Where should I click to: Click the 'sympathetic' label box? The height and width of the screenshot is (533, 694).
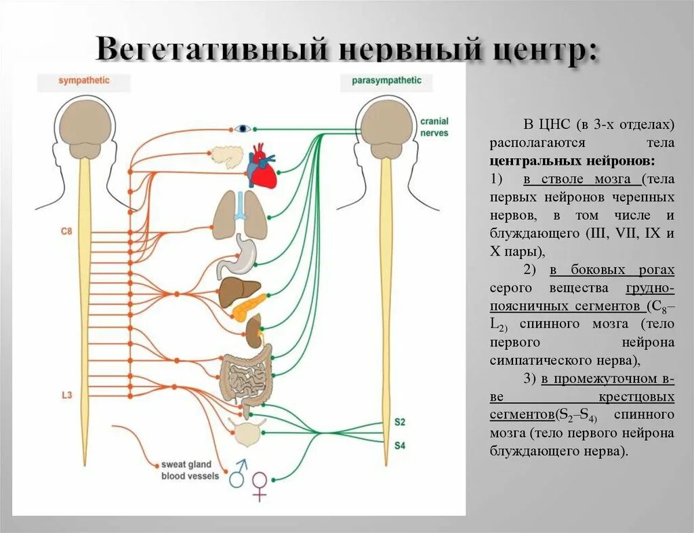[x=83, y=81]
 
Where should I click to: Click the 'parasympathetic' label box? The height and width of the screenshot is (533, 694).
[x=386, y=81]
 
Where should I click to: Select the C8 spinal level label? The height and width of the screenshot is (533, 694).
[x=66, y=231]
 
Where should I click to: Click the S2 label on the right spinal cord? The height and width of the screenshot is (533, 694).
[x=400, y=422]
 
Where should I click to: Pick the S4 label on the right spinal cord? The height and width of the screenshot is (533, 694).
[x=400, y=446]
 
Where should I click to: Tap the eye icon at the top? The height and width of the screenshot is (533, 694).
[x=243, y=129]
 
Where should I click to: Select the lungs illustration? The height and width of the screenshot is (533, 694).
[x=241, y=214]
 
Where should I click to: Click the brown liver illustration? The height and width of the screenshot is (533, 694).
[x=239, y=294]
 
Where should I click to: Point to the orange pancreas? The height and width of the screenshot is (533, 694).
[x=249, y=307]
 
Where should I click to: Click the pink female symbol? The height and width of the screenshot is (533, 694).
[x=259, y=485]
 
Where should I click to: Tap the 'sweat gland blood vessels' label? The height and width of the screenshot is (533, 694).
[x=190, y=471]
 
